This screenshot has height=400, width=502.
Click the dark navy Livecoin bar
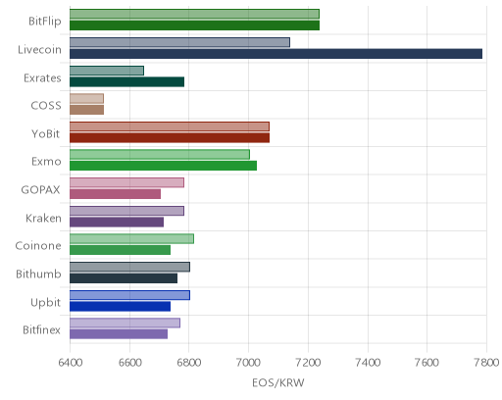(x=276, y=54)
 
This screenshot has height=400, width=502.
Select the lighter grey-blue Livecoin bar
(x=179, y=42)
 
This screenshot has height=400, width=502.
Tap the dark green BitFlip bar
(x=194, y=25)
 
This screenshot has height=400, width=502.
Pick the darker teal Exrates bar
(x=126, y=82)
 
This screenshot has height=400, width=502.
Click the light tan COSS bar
(x=86, y=98)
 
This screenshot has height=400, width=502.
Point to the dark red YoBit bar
(x=170, y=138)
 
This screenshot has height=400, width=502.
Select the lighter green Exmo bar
(x=160, y=155)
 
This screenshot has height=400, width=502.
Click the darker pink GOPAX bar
(x=115, y=194)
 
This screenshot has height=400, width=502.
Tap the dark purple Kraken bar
(x=117, y=223)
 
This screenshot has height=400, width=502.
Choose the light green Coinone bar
(x=131, y=239)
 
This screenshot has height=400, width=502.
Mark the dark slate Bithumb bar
(x=124, y=278)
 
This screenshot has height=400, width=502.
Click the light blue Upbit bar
(x=129, y=295)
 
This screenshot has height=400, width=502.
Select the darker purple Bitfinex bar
(x=119, y=334)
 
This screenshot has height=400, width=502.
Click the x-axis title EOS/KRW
(x=278, y=382)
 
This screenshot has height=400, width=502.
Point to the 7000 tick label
(x=248, y=363)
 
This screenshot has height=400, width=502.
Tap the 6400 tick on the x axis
(x=71, y=363)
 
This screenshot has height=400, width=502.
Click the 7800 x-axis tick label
(x=486, y=363)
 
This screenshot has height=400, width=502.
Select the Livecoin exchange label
(x=39, y=50)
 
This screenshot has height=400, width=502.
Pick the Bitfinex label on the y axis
(x=41, y=330)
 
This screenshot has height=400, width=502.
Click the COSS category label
(x=46, y=106)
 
